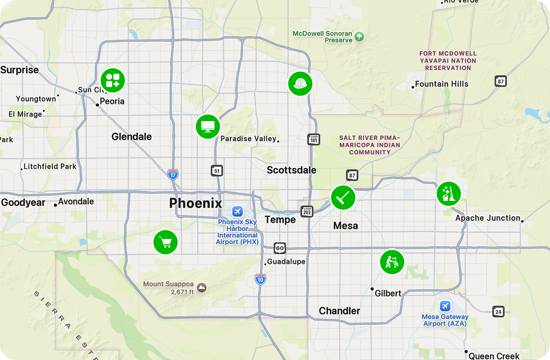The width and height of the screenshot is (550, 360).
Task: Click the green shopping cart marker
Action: tap(165, 242)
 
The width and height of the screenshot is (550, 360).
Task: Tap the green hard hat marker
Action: tap(300, 84)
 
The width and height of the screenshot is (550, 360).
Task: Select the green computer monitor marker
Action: tap(208, 127)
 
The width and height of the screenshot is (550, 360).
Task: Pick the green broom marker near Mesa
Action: tap(343, 197)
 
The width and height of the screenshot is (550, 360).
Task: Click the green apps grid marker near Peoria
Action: tap(113, 80)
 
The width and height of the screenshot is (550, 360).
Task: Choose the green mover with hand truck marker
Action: tap(392, 262)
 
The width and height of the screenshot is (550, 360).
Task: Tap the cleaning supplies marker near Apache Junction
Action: tap(448, 194)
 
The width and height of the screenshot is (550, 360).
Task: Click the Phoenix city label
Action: tap(195, 203)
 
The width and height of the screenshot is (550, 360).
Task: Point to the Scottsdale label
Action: tap(291, 170)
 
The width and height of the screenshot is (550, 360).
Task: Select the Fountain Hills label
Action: tap(442, 84)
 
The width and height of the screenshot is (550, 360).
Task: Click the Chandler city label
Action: tap(339, 311)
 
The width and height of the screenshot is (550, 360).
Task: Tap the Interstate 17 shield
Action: tap(173, 174)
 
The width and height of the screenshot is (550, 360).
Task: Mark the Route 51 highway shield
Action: tap(217, 171)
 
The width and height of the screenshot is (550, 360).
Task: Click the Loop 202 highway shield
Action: tap(307, 211)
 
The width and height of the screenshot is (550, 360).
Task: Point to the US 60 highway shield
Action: tap(280, 248)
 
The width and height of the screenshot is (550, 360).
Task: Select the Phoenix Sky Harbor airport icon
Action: tap(237, 211)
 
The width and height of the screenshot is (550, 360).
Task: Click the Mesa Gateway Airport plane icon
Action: tap(445, 306)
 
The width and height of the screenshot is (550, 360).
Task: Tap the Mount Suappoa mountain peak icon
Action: tap(202, 287)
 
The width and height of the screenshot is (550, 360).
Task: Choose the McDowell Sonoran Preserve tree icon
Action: tap(359, 37)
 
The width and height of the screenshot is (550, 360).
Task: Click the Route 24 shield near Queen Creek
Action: tap(498, 311)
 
